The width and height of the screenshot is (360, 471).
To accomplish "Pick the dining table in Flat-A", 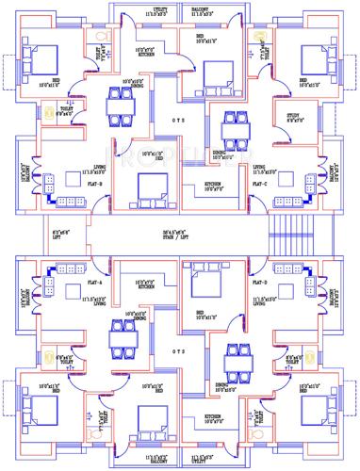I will [x=119, y=336].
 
